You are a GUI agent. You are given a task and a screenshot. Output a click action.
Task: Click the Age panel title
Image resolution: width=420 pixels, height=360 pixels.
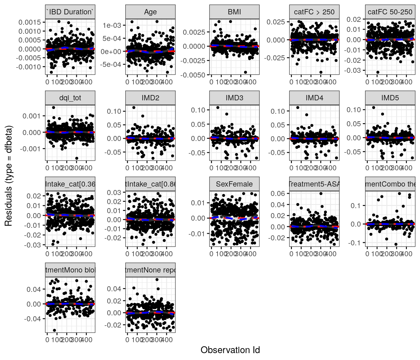tap(150, 12)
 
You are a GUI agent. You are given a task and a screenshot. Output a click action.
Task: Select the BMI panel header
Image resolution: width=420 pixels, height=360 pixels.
tap(234, 12)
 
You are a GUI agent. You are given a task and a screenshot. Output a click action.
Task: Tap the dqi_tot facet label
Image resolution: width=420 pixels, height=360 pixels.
tap(70, 98)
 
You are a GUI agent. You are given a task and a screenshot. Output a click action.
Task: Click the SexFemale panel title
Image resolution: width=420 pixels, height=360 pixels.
tap(234, 184)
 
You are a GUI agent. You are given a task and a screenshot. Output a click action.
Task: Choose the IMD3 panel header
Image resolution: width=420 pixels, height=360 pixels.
tap(234, 98)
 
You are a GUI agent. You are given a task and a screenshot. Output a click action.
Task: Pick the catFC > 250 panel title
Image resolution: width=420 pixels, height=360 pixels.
tap(314, 12)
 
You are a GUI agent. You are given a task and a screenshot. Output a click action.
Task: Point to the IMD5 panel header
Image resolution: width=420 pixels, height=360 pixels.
tap(390, 98)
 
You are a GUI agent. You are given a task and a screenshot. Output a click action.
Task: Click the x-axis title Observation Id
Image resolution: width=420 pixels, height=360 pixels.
tap(230, 350)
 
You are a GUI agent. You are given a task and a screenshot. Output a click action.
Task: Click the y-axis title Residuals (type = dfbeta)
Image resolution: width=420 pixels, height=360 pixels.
tap(8, 176)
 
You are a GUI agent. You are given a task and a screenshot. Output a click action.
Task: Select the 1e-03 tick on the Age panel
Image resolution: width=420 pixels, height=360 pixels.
tap(112, 25)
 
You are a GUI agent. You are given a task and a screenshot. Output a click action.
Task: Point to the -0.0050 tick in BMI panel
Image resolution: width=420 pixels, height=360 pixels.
tap(194, 75)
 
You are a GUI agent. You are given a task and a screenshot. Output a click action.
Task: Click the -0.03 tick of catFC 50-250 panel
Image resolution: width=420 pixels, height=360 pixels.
tap(354, 70)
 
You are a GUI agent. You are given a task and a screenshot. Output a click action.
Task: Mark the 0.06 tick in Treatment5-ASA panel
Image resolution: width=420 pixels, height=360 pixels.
tap(278, 193)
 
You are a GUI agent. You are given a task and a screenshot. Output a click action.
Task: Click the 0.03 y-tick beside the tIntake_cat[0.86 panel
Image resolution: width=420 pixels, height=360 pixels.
tap(114, 192)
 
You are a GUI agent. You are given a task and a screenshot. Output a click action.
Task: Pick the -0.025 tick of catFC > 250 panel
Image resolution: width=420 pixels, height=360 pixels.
tap(274, 58)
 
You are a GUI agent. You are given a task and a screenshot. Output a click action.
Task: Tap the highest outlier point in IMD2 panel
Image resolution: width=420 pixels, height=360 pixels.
tap(134, 107)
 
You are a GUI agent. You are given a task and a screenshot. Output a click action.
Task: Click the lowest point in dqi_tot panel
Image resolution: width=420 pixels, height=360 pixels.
tap(77, 158)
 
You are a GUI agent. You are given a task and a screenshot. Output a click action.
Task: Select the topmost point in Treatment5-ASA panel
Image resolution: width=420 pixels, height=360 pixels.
tap(321, 193)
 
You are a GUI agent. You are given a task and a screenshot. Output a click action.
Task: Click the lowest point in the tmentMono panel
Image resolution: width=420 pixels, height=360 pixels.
tap(54, 330)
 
